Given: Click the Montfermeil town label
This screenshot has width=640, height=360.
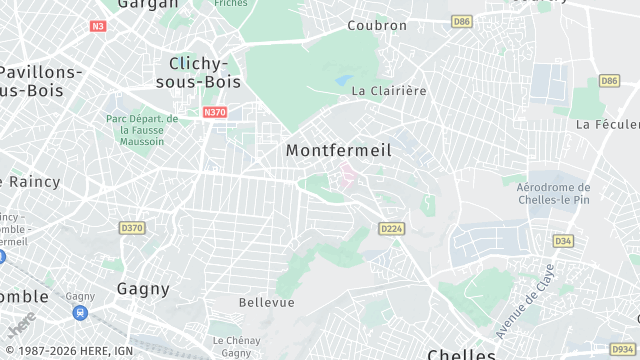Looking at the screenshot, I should point(338,150).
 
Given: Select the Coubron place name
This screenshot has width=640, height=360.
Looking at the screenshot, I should point(377,25).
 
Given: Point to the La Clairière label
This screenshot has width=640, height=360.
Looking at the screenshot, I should point(389,90).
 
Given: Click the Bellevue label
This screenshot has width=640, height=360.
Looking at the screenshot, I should point(267,302).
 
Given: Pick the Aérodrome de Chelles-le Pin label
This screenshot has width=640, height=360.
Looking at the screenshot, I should point(553,193).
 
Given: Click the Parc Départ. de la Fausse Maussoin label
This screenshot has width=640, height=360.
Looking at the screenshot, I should point(142,130).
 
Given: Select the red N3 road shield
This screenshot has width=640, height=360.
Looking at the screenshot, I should point(98,26).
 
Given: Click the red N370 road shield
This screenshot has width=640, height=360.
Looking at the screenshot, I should point(215,113).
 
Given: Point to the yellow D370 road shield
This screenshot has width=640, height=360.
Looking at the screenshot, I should point(132,228).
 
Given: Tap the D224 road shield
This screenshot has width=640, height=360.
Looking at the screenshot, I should point(391,229).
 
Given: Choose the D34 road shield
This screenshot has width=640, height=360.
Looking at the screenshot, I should point(563,240).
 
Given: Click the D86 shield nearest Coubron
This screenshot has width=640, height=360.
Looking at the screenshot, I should point(461,21).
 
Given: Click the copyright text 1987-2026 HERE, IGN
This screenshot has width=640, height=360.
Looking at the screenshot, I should point(68,350).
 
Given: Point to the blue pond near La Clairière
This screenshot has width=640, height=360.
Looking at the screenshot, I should point(344,79).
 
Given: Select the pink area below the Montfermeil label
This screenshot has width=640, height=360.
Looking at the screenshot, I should point(348,177).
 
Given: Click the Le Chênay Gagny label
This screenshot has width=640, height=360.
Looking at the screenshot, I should point(236,346).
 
